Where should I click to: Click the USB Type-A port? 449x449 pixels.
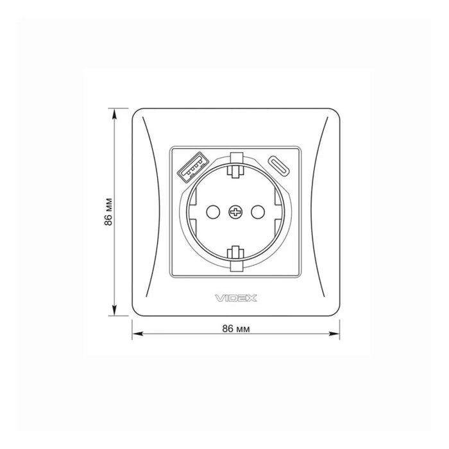coord(192,167)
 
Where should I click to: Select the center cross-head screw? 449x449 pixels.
coord(235,212)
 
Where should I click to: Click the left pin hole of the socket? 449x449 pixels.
coord(213,212)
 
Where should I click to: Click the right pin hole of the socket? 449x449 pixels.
coord(258,212)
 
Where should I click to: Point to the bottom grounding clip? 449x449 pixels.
coord(235,258)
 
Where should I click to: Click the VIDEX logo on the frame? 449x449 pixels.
coord(235,298)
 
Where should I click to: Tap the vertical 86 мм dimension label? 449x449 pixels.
coord(108,212)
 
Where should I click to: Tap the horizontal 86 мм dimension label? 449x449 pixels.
coord(236,328)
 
